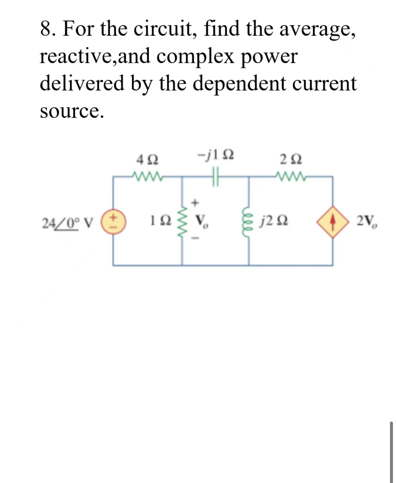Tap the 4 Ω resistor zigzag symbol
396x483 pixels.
148,176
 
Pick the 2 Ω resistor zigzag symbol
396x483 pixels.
290,176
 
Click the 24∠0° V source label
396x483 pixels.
67,222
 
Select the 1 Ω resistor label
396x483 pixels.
161,221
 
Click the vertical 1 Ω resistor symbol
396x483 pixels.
182,221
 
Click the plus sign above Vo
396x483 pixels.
196,203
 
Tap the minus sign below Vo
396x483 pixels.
196,239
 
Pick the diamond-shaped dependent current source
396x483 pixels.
333,222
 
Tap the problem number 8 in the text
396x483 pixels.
46,29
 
